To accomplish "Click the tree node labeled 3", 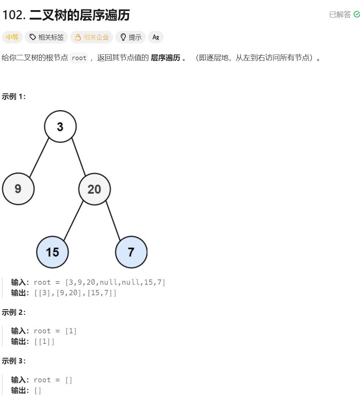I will (60, 127).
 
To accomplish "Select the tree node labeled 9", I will (18, 189).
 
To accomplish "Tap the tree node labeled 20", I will (95, 189).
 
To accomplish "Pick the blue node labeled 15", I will (53, 252).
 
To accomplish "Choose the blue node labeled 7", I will (131, 252).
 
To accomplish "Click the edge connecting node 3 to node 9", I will (39, 157).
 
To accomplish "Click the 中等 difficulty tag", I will (12, 37).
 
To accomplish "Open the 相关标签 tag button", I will (46, 37).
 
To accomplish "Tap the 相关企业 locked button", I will (91, 37).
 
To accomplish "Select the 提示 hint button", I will (130, 37).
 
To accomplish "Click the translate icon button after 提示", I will (155, 37).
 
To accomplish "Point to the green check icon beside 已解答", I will (357, 14).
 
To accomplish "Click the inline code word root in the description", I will (79, 58).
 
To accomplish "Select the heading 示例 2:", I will (14, 312).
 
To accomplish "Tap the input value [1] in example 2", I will (71, 331).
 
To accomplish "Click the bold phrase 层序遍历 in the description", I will (165, 58).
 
